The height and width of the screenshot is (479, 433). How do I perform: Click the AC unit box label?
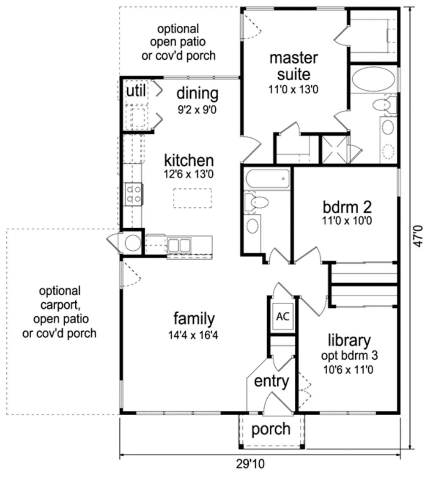(282, 316)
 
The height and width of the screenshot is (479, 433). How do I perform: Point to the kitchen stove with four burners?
(134, 194)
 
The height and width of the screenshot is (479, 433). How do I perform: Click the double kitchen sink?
(179, 245)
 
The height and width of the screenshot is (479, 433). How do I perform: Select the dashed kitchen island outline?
(192, 198)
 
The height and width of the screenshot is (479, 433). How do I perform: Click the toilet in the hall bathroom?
(257, 202)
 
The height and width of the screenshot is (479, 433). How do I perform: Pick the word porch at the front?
(271, 429)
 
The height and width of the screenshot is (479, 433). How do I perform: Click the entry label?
(271, 381)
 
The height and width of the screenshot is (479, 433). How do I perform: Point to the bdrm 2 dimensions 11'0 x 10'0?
(347, 220)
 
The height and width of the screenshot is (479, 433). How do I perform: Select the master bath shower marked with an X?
(334, 149)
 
